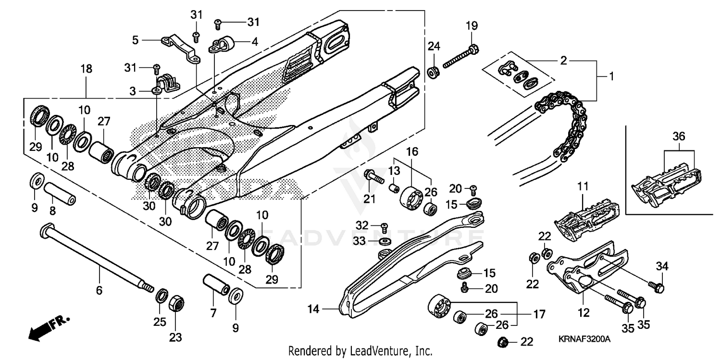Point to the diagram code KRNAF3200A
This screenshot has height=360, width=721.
584,339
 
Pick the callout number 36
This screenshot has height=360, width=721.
679,136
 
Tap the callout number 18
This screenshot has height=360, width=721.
86,69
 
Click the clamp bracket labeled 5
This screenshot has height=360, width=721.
180,48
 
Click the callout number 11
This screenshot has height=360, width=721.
583,185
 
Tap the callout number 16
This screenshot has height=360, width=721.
412,152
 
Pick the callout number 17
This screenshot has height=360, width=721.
539,315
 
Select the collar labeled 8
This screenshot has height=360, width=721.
60,193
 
